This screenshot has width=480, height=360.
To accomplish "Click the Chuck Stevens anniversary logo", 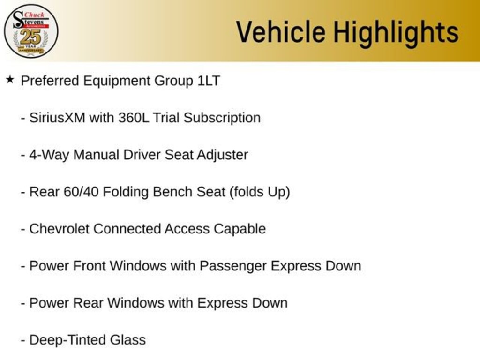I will tap(31, 31).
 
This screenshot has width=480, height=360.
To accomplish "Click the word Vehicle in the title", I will tap(280, 32).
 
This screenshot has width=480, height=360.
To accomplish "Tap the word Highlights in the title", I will tap(396, 32).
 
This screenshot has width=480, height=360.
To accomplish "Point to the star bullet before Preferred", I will tap(10, 79).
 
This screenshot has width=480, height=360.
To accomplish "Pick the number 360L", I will tap(134, 118).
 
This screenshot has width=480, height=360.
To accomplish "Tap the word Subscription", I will tap(222, 118).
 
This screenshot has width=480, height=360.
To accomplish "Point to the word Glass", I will tap(128, 340).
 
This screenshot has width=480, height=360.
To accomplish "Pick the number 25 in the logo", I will tap(30, 37).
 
